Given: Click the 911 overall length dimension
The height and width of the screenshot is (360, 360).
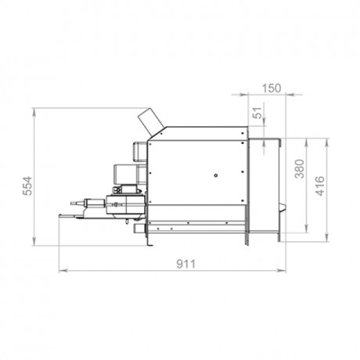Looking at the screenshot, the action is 185,265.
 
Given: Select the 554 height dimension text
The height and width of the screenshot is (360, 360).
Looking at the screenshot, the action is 27,185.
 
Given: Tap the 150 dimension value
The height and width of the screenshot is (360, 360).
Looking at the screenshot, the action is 272,88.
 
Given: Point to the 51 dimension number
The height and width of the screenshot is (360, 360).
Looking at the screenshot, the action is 257,113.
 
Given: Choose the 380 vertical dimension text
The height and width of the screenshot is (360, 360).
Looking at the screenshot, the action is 300,169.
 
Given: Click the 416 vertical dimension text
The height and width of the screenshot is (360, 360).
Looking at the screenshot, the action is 320,185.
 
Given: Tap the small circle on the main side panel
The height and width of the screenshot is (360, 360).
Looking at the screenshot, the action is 216,175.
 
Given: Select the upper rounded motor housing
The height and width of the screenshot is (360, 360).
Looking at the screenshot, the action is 140,152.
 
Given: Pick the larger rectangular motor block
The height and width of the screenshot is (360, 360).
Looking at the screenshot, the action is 130,175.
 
